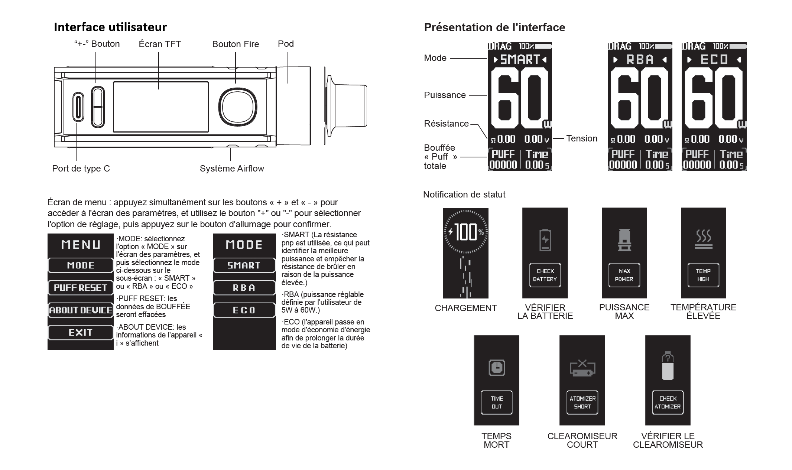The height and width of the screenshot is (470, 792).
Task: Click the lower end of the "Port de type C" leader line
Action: (76, 161)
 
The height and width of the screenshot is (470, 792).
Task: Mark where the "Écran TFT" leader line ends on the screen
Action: (159, 89)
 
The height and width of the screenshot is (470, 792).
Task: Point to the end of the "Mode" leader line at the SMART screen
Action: (487, 58)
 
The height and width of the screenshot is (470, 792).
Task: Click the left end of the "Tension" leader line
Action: (553, 138)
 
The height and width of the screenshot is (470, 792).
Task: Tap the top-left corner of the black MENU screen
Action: (48, 234)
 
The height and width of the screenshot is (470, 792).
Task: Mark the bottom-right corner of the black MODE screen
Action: (276, 350)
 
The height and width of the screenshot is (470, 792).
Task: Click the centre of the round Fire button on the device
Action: (238, 106)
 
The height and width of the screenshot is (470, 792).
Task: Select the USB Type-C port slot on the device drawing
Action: (78, 107)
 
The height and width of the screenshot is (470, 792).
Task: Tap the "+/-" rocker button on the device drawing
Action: (98, 107)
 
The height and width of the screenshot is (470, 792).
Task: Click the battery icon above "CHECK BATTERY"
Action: (545, 240)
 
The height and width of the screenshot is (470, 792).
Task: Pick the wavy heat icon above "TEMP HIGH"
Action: (703, 239)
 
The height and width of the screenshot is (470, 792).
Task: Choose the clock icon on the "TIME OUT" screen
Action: (497, 368)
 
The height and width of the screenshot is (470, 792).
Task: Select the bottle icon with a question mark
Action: (668, 366)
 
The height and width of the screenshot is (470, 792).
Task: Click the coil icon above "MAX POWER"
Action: (624, 240)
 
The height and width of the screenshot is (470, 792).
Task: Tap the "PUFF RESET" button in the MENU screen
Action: (81, 288)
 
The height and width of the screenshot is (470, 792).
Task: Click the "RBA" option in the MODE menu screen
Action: (244, 288)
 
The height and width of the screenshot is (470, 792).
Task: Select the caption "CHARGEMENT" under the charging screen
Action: (465, 308)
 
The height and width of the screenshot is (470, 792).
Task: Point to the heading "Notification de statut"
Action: (464, 195)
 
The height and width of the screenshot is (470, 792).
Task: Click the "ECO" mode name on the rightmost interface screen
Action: (714, 59)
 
